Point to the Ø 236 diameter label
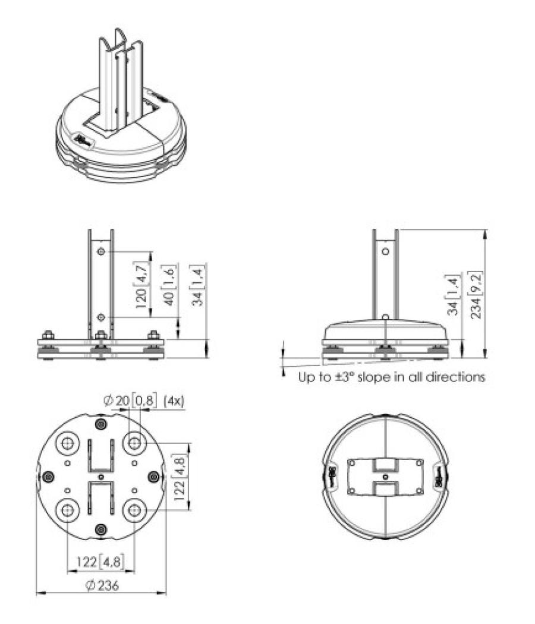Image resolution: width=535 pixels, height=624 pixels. click(102, 585)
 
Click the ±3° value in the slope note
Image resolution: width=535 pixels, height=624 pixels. click(344, 377)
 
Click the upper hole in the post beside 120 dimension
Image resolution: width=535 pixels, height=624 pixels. click(102, 252)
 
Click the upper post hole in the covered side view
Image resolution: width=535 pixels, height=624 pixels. click(385, 251)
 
